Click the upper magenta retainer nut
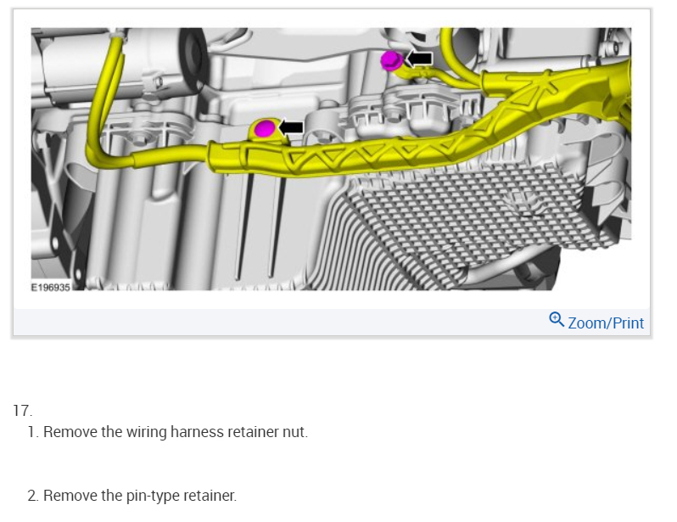click(392, 60)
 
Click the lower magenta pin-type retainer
click(265, 128)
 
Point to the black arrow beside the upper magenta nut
click(419, 59)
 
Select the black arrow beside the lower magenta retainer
click(291, 127)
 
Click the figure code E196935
click(51, 288)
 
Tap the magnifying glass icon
click(557, 320)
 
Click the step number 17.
click(22, 411)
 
